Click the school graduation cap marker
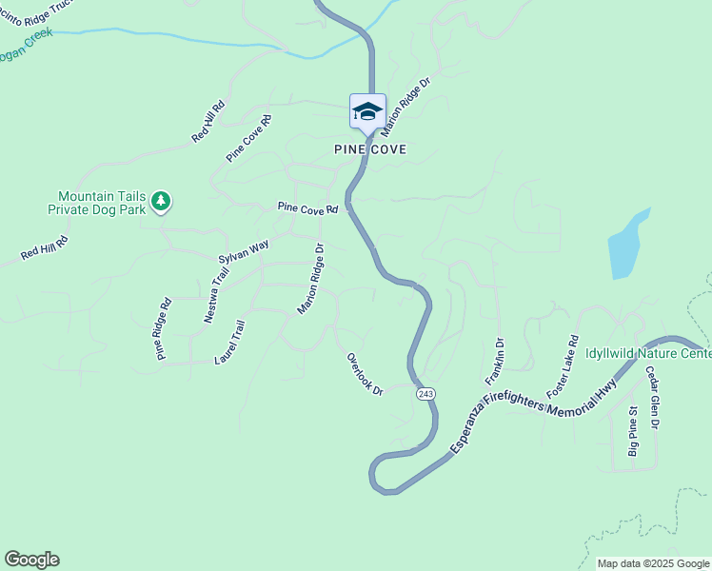pos(367,112)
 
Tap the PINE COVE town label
pos(370,150)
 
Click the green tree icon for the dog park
pos(162,200)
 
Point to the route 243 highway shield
pos(425,393)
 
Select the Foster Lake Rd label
pos(563,366)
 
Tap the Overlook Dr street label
pos(365,374)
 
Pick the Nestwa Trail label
pos(217,295)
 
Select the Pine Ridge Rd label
pos(164,329)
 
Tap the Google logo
pos(31,560)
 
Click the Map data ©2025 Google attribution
pos(652,563)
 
